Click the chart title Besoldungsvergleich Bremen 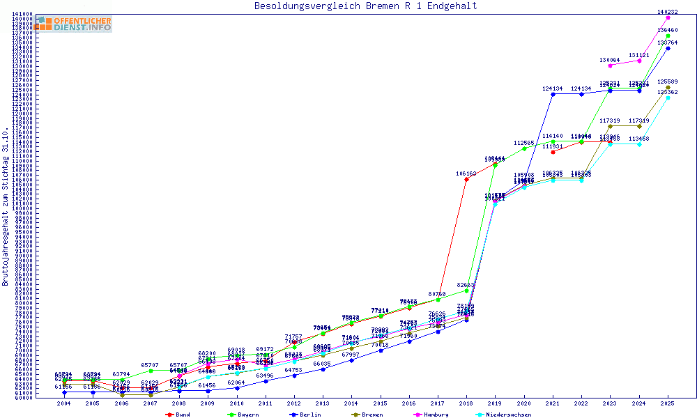tap(365, 6)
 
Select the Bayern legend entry tap(245, 415)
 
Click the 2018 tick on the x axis tap(466, 403)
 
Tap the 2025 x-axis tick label tap(668, 403)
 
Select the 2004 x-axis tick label tap(64, 403)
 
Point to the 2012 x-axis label tap(294, 403)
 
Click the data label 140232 tap(668, 12)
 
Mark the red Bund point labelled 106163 tap(466, 178)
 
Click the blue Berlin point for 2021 tap(553, 93)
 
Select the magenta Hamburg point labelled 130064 tap(610, 65)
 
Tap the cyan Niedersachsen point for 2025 tap(668, 98)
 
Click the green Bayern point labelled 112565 tap(524, 148)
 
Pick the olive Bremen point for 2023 tap(610, 126)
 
